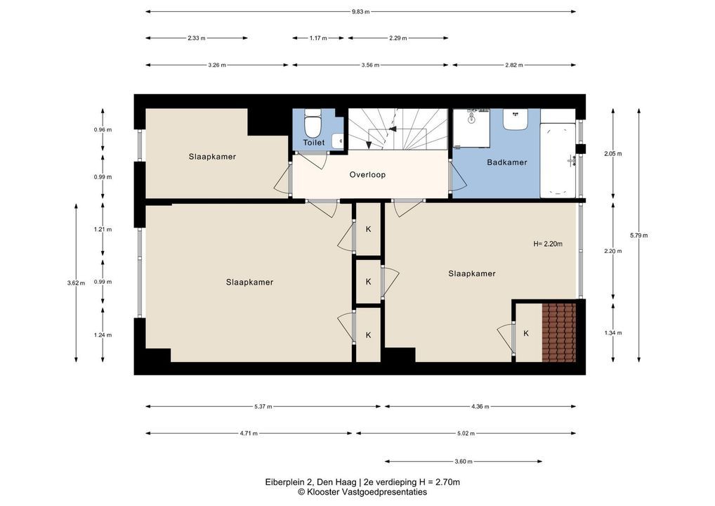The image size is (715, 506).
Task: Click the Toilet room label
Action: point(314,143)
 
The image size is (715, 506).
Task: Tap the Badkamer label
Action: point(506,162)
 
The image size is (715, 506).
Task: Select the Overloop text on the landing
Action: point(367,174)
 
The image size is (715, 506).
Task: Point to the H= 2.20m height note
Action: point(548,244)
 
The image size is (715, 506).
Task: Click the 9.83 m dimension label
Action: point(361,12)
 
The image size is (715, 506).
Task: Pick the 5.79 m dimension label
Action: point(638,235)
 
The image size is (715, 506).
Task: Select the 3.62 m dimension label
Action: point(76,283)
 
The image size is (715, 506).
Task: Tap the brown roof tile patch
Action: point(559,332)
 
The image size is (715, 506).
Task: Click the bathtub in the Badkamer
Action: point(558,160)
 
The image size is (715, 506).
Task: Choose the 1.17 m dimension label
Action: point(318,39)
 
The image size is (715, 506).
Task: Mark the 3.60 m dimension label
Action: point(464,461)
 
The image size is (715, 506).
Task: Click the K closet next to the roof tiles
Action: point(526,334)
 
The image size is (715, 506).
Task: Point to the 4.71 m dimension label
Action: point(249,433)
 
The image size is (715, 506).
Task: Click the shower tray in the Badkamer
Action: point(471,128)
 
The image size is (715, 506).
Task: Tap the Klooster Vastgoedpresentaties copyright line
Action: point(362,492)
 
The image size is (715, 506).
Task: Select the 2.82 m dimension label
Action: point(514,65)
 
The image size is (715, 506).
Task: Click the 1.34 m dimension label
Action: point(613,332)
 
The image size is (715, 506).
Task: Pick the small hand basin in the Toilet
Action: point(338,141)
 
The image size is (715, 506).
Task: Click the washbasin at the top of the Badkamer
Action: point(516,119)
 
